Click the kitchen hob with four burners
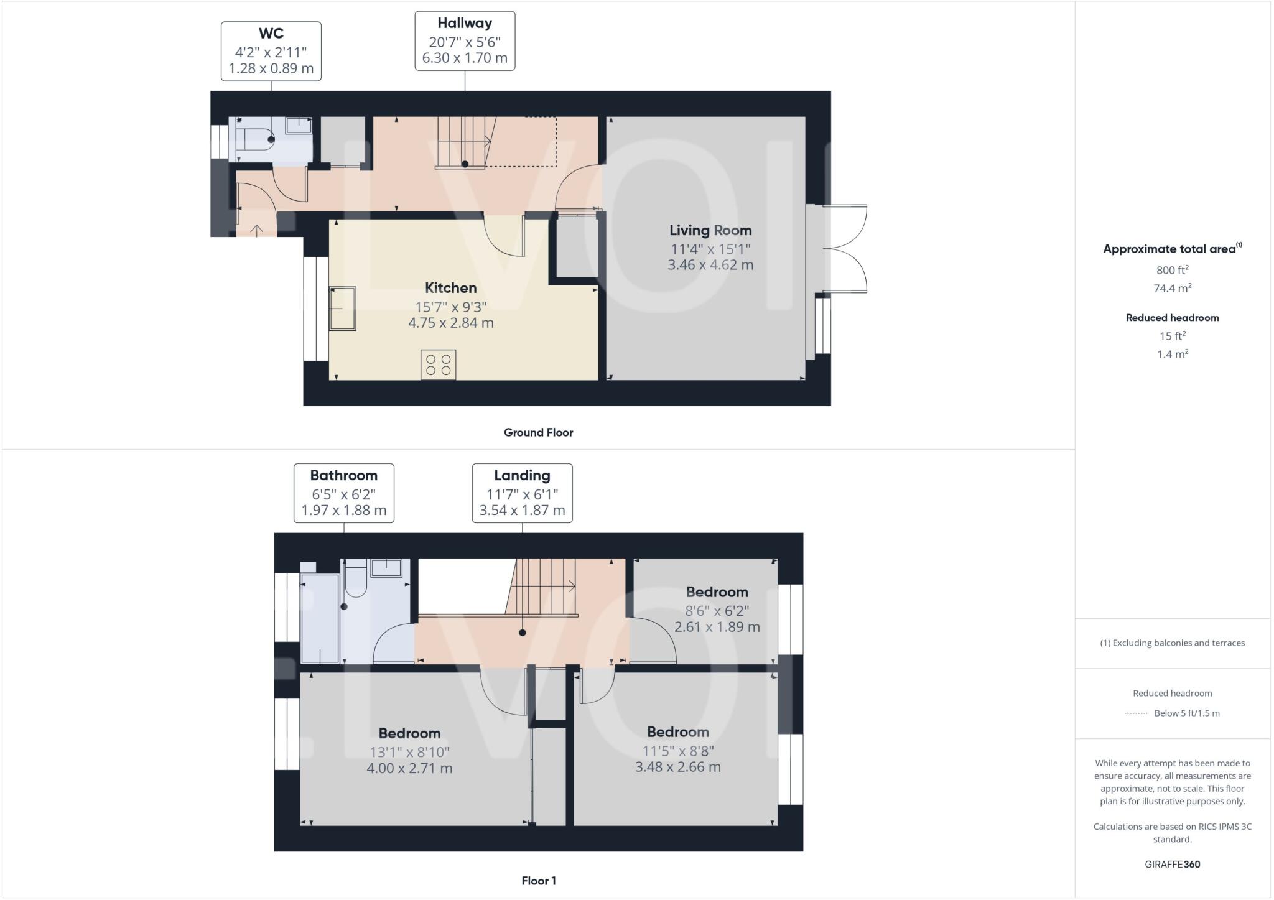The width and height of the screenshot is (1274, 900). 438,364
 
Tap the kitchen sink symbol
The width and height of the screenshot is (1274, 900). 342,308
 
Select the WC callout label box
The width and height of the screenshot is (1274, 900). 271,51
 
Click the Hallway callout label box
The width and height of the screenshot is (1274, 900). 465,41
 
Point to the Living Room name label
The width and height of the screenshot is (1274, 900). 710,230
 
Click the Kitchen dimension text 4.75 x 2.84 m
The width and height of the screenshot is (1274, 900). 450,323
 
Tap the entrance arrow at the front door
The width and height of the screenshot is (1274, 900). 256,230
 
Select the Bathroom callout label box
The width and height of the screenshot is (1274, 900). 343,493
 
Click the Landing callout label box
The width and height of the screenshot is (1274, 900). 522,493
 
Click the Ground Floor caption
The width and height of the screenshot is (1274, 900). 538,432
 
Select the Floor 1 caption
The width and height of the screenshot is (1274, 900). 538,881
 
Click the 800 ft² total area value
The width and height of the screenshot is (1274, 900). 1172,270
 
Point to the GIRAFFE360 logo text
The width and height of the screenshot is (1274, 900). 1172,864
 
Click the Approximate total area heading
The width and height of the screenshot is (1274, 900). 1169,249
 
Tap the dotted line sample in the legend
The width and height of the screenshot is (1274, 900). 1136,713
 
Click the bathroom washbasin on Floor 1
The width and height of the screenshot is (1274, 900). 386,567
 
